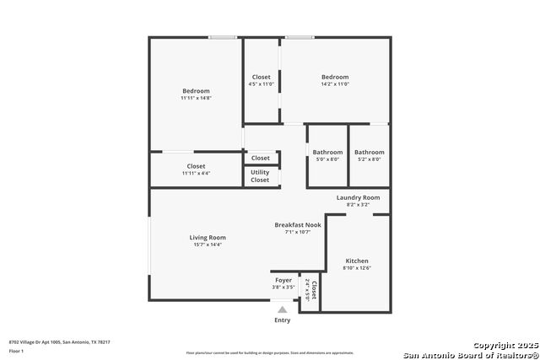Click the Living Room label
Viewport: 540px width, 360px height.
[208, 238]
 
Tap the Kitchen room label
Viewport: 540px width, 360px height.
[356, 261]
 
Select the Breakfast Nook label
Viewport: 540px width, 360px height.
[298, 224]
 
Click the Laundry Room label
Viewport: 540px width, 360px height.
[358, 197]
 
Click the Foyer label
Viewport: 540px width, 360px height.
[283, 280]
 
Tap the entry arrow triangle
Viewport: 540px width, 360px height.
[283, 310]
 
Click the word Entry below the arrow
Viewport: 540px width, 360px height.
[283, 320]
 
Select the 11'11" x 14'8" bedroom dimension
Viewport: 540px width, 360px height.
[196, 98]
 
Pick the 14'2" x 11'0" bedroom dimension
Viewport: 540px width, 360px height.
[334, 84]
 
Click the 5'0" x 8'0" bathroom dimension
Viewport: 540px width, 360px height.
[327, 159]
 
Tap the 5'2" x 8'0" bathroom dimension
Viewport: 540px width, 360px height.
[370, 159]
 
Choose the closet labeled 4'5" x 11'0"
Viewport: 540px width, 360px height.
[262, 84]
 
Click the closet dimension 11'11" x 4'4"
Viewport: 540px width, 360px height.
[196, 173]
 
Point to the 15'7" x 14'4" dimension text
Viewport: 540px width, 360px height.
[208, 244]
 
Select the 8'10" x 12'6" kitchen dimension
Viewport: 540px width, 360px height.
[356, 268]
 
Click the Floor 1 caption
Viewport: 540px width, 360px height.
[16, 350]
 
